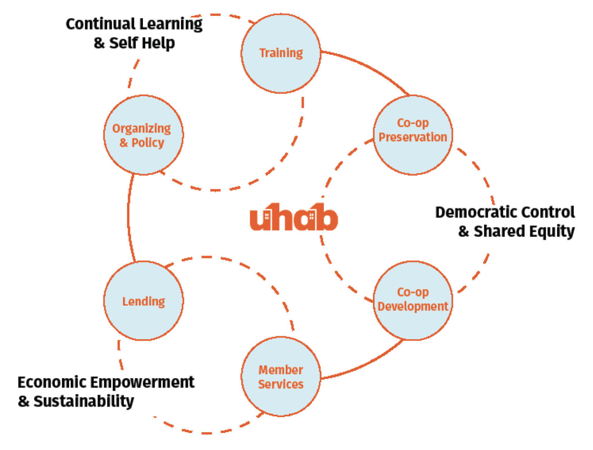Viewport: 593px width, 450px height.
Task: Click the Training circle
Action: click(x=281, y=53)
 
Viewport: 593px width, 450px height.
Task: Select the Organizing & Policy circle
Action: click(x=143, y=135)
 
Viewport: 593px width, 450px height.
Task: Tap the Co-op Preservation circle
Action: click(x=413, y=135)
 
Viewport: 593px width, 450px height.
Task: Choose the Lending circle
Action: click(x=143, y=301)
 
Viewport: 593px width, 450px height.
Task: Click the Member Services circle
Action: click(x=281, y=376)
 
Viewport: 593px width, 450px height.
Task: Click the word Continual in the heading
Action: click(x=100, y=24)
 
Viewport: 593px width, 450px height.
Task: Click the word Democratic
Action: click(x=475, y=212)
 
